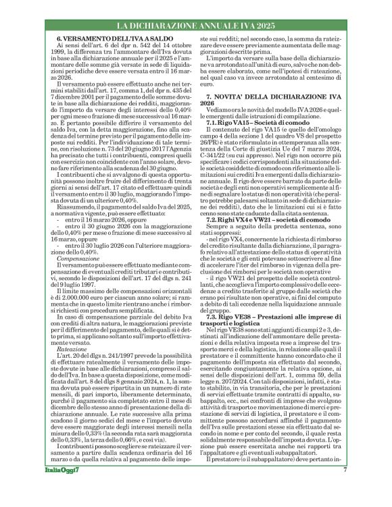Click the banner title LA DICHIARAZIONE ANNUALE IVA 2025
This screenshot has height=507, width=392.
coord(195,26)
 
